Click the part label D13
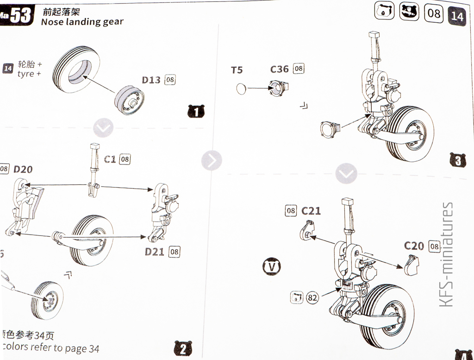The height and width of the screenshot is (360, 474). pyautogui.click(x=151, y=80)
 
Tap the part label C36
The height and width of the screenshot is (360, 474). pyautogui.click(x=280, y=69)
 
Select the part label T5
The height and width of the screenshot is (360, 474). pyautogui.click(x=237, y=70)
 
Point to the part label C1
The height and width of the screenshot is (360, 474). pyautogui.click(x=110, y=159)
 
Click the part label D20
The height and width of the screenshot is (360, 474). pyautogui.click(x=23, y=169)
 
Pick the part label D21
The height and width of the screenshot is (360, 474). pyautogui.click(x=155, y=252)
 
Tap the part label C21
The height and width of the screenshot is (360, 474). pyautogui.click(x=311, y=211)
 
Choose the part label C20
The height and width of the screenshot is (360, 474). pyautogui.click(x=414, y=246)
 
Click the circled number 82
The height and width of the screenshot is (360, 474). pyautogui.click(x=312, y=297)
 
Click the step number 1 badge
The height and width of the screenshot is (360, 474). pyautogui.click(x=196, y=112)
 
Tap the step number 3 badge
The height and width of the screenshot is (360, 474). pyautogui.click(x=457, y=160)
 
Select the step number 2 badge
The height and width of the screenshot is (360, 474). pyautogui.click(x=182, y=348)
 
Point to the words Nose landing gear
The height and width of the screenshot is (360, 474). pyautogui.click(x=82, y=22)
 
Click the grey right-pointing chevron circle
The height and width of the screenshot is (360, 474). pyautogui.click(x=212, y=160)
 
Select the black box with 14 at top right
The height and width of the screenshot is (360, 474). pyautogui.click(x=456, y=16)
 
